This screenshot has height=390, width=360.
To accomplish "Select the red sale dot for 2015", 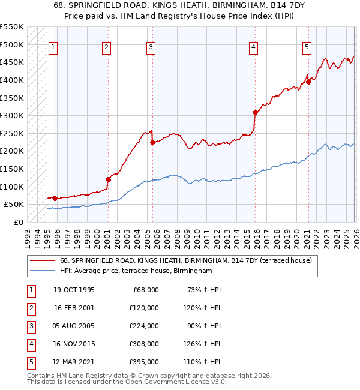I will pyautogui.click(x=255, y=112).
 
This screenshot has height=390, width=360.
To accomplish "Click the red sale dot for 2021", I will pyautogui.click(x=308, y=82).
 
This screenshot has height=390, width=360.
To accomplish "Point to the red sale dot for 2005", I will pyautogui.click(x=152, y=142).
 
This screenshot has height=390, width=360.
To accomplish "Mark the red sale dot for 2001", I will pyautogui.click(x=108, y=179).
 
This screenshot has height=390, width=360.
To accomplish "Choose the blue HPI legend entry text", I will pyautogui.click(x=136, y=271).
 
